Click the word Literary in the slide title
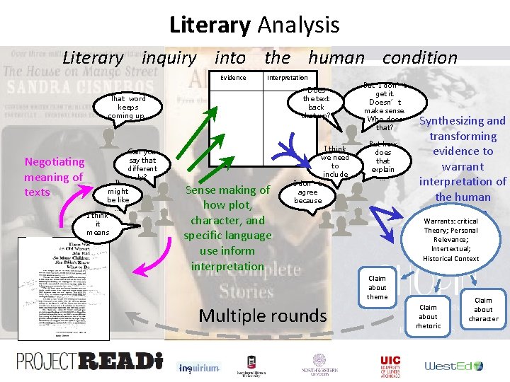[210, 25]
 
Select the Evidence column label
[233, 77]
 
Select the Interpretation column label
[287, 77]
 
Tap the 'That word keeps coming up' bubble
[127, 107]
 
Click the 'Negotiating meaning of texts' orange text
[54, 177]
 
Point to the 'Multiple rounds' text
[263, 315]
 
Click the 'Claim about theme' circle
[377, 288]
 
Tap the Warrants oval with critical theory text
[451, 240]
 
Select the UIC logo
[390, 364]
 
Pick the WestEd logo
[453, 366]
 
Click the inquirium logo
[199, 368]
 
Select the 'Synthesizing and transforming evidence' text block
[463, 158]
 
